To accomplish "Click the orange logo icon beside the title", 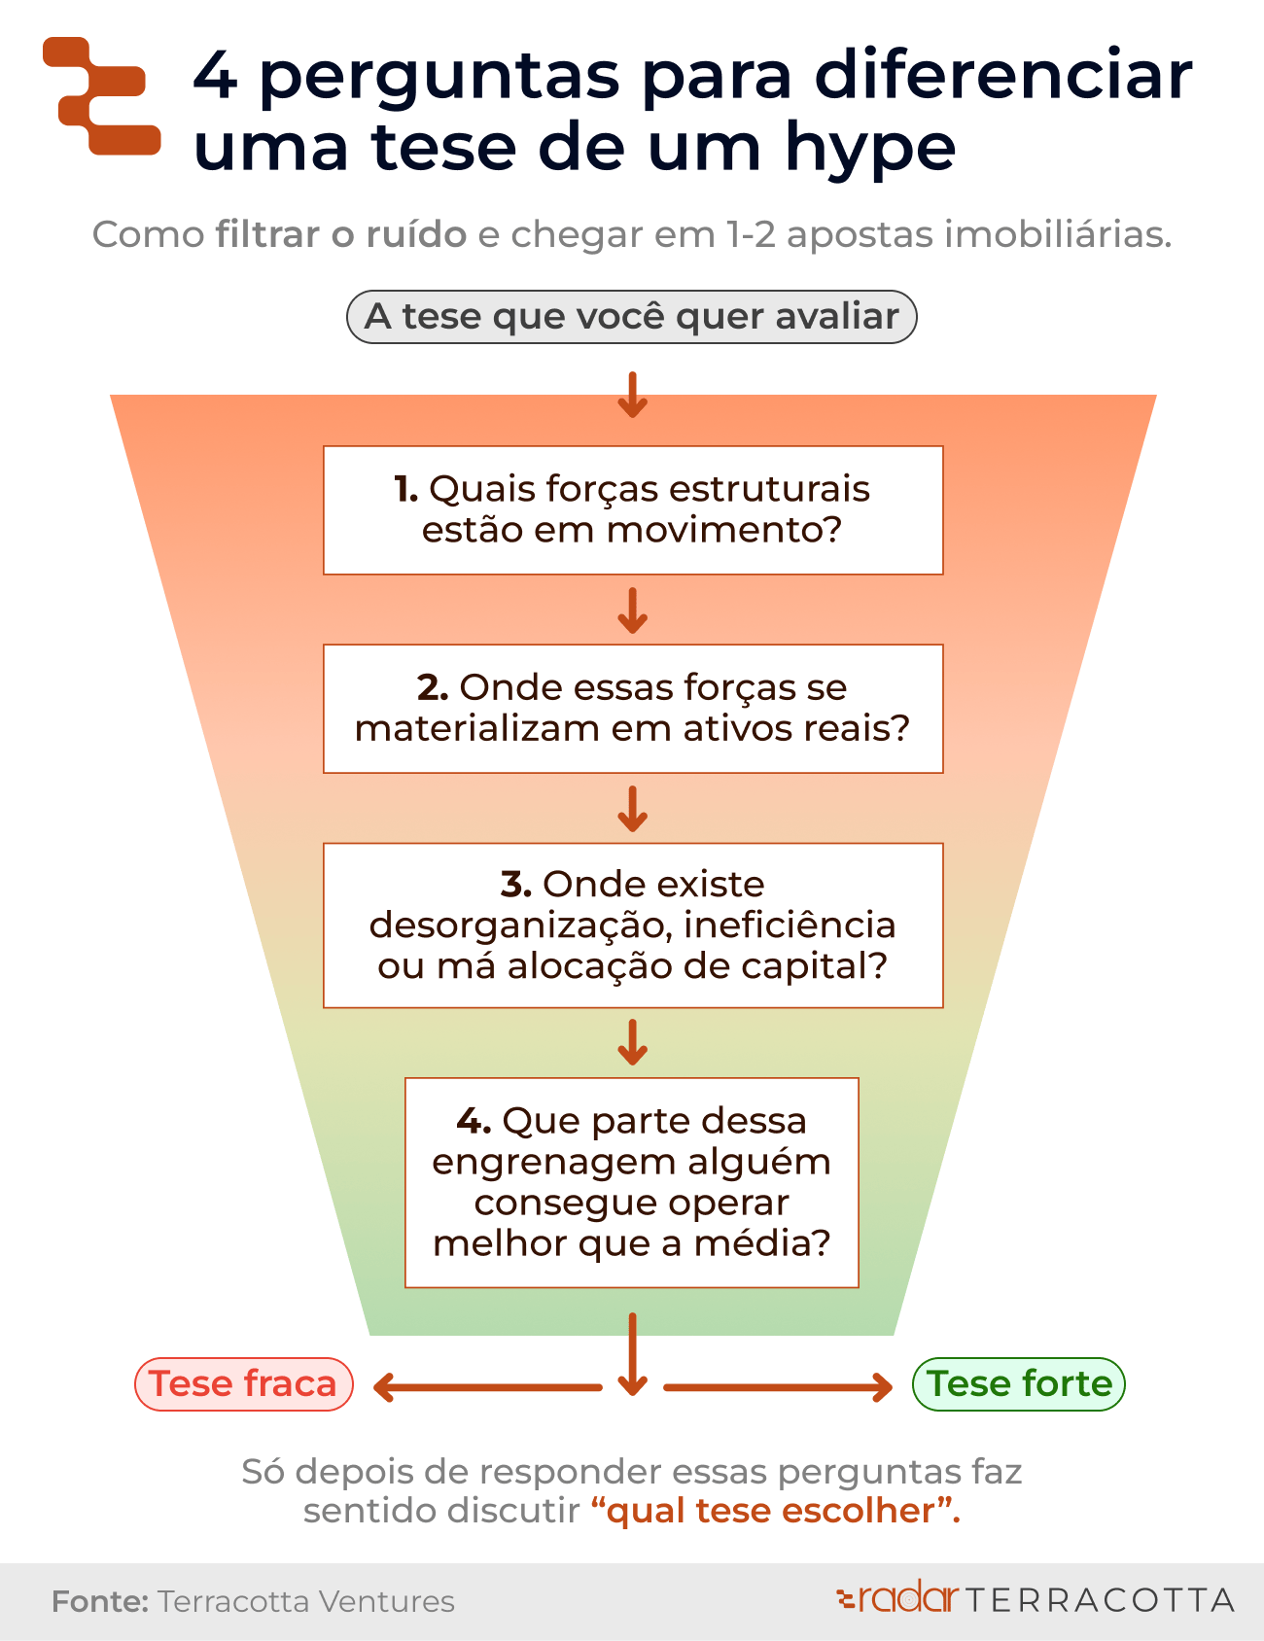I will (102, 96).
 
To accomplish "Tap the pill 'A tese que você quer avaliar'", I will (632, 317).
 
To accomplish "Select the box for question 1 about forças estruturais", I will (633, 510).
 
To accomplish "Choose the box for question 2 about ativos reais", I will (633, 709).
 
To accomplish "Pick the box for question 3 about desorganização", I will (633, 925).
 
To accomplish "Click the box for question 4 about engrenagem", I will (632, 1183).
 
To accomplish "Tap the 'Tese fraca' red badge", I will (243, 1384).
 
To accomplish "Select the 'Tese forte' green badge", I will (1019, 1384).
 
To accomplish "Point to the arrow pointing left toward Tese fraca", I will (486, 1387).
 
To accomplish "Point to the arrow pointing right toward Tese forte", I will (778, 1387).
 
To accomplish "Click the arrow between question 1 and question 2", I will (633, 611).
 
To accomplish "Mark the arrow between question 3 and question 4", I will (633, 1042).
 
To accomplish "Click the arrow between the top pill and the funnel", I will (633, 395).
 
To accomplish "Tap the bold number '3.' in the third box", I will (516, 885).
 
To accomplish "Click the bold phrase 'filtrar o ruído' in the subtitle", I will (341, 235).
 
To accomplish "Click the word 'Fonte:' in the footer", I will (99, 1601).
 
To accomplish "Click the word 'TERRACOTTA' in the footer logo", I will (1100, 1600).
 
